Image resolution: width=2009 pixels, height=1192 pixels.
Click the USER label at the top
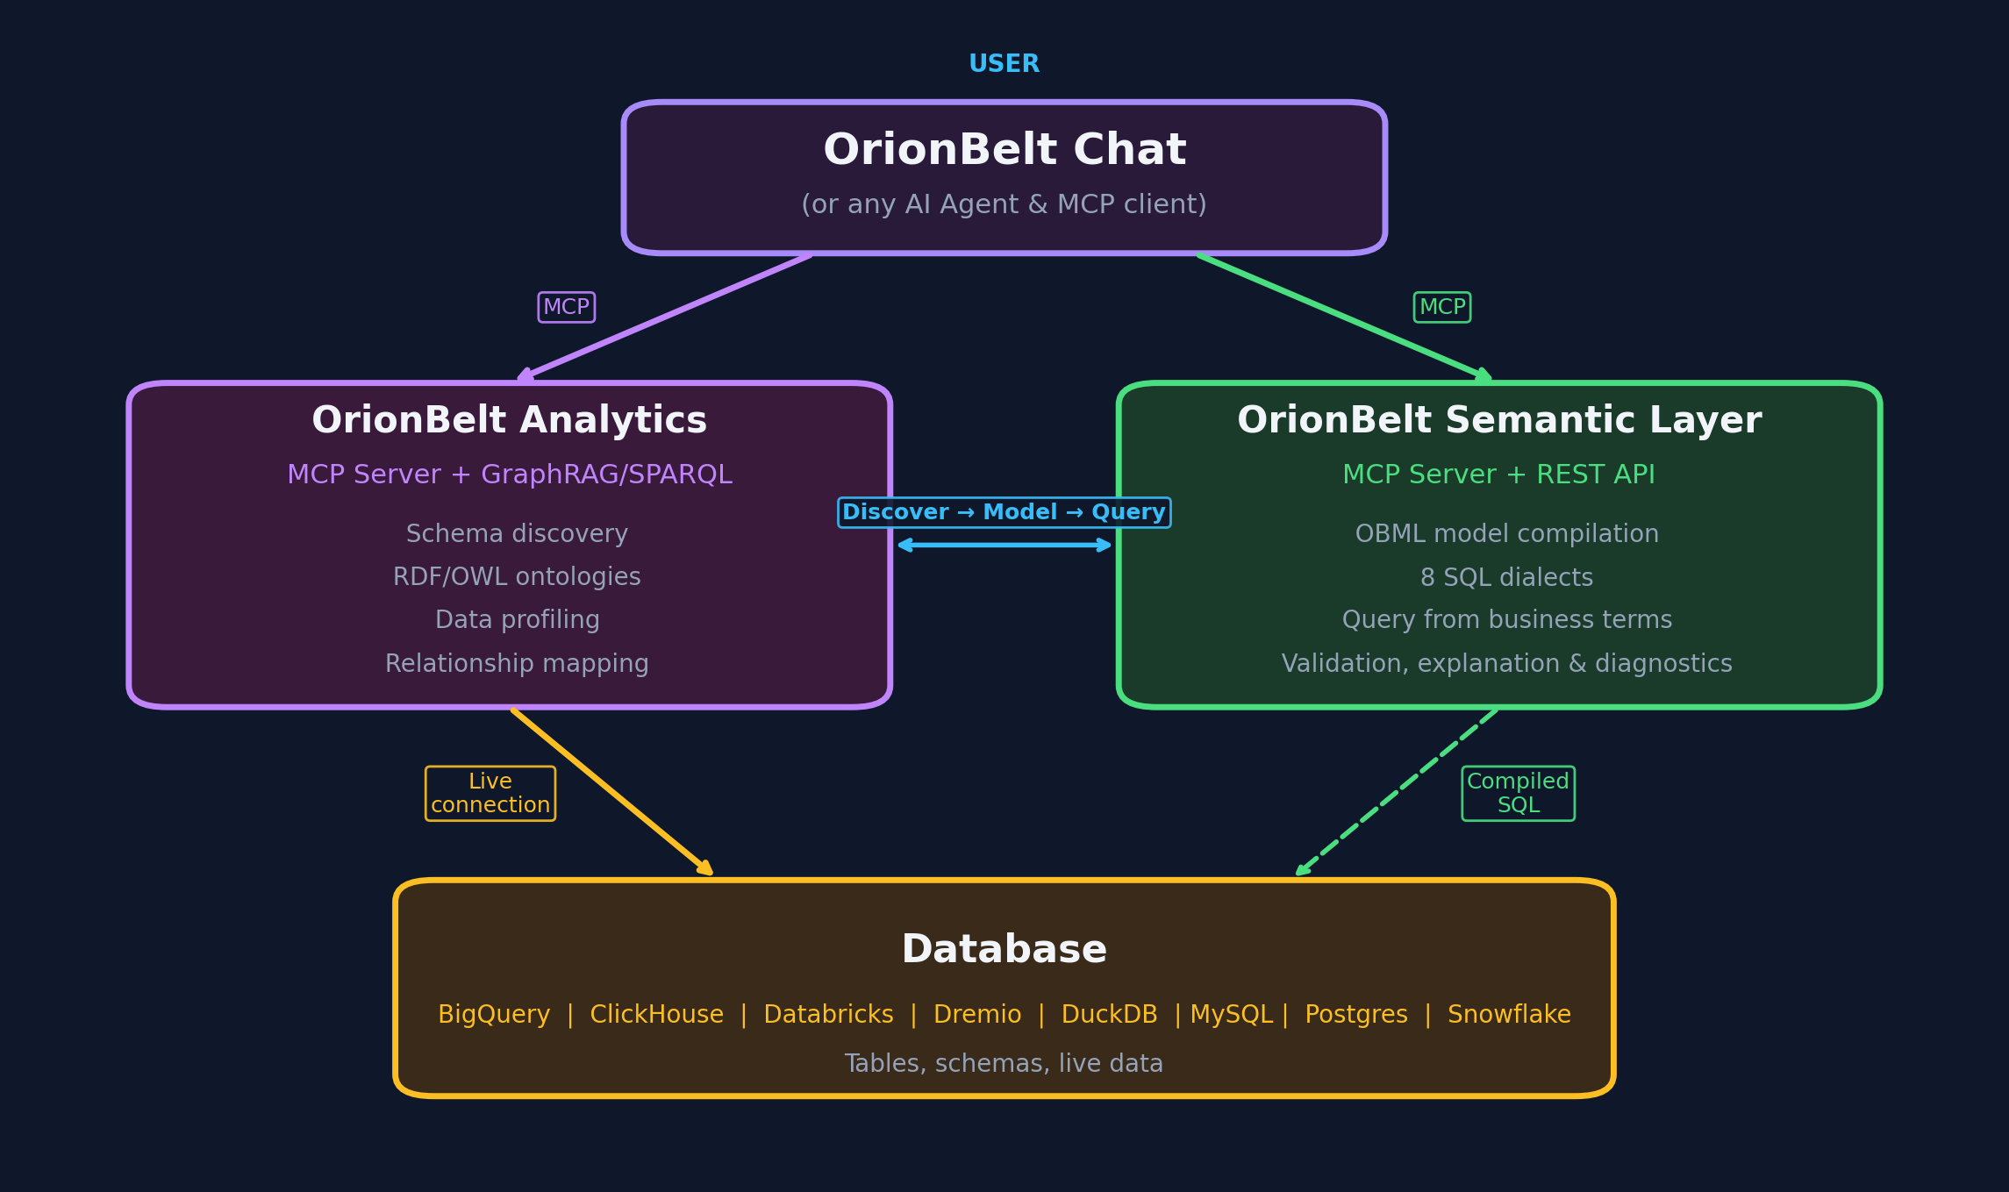[1004, 64]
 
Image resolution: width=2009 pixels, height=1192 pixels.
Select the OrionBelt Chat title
[1004, 150]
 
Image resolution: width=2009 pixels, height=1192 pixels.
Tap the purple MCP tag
[566, 307]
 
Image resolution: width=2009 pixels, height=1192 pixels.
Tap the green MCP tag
[1441, 307]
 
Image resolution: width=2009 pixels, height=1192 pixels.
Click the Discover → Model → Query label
[1004, 512]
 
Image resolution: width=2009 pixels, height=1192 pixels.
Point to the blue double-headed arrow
[1004, 545]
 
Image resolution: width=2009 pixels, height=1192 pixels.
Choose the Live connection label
[490, 793]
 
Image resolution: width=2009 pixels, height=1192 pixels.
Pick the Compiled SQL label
[1518, 793]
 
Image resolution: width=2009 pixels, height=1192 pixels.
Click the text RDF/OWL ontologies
[517, 576]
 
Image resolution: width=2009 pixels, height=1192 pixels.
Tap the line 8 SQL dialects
[1506, 577]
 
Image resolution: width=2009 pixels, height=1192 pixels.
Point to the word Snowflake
[1509, 1014]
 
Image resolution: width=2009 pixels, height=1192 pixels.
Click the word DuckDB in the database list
[1109, 1014]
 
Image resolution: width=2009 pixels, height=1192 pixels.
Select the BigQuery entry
[494, 1014]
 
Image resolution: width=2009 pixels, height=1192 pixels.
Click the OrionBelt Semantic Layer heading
[1498, 420]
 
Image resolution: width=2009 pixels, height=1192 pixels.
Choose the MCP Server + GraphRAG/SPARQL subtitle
[509, 475]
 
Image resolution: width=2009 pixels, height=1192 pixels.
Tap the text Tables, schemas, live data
[1004, 1063]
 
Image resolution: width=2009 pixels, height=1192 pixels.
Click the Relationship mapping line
[517, 663]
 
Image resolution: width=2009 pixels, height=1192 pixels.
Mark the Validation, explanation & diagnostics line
[1506, 663]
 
